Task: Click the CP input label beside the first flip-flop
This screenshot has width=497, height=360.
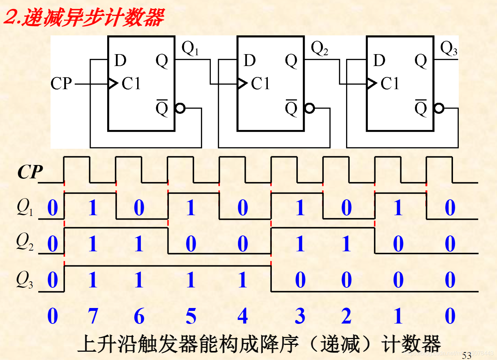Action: pos(61,84)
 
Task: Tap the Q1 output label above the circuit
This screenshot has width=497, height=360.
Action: pos(190,48)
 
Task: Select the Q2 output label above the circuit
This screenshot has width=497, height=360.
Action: pos(319,48)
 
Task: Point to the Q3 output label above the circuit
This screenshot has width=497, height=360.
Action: pos(449,48)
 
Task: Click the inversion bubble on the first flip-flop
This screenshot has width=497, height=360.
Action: pos(180,108)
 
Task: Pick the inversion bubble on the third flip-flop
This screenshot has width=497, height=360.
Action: pos(439,108)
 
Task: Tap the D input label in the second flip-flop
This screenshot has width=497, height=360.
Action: pos(250,61)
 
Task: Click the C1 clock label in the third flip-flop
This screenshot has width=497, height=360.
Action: pos(390,84)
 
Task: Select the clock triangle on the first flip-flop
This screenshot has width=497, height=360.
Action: pos(113,84)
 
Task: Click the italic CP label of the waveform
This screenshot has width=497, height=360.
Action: pos(30,172)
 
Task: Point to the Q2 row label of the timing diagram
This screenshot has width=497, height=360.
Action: pos(25,242)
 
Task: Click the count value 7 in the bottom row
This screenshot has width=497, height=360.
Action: pos(93,316)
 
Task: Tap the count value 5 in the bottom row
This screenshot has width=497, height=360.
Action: pos(191,316)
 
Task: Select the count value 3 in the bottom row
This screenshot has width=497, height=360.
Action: pos(300,316)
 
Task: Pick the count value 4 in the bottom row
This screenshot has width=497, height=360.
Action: pos(243,316)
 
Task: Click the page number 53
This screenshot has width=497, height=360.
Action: pos(467,355)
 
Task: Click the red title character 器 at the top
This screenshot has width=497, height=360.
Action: pos(154,17)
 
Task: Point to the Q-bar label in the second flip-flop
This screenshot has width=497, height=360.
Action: pos(291,108)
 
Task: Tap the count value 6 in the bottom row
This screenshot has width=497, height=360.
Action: pos(139,316)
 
